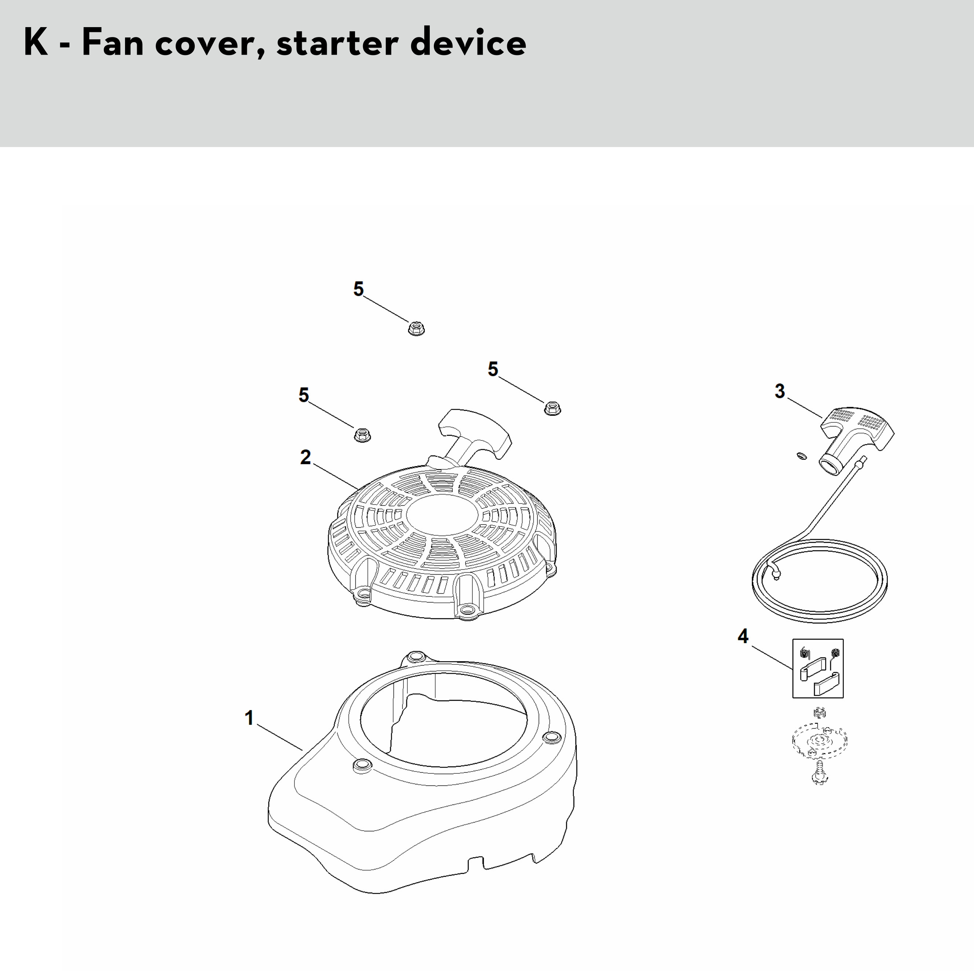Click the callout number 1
pyautogui.click(x=249, y=718)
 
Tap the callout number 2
pyautogui.click(x=305, y=457)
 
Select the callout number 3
pyautogui.click(x=780, y=391)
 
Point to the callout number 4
pyautogui.click(x=743, y=636)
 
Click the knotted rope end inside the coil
pyautogui.click(x=774, y=572)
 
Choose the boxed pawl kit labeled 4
pyautogui.click(x=818, y=668)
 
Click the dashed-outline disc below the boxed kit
pyautogui.click(x=819, y=740)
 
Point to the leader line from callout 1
pyautogui.click(x=280, y=738)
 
